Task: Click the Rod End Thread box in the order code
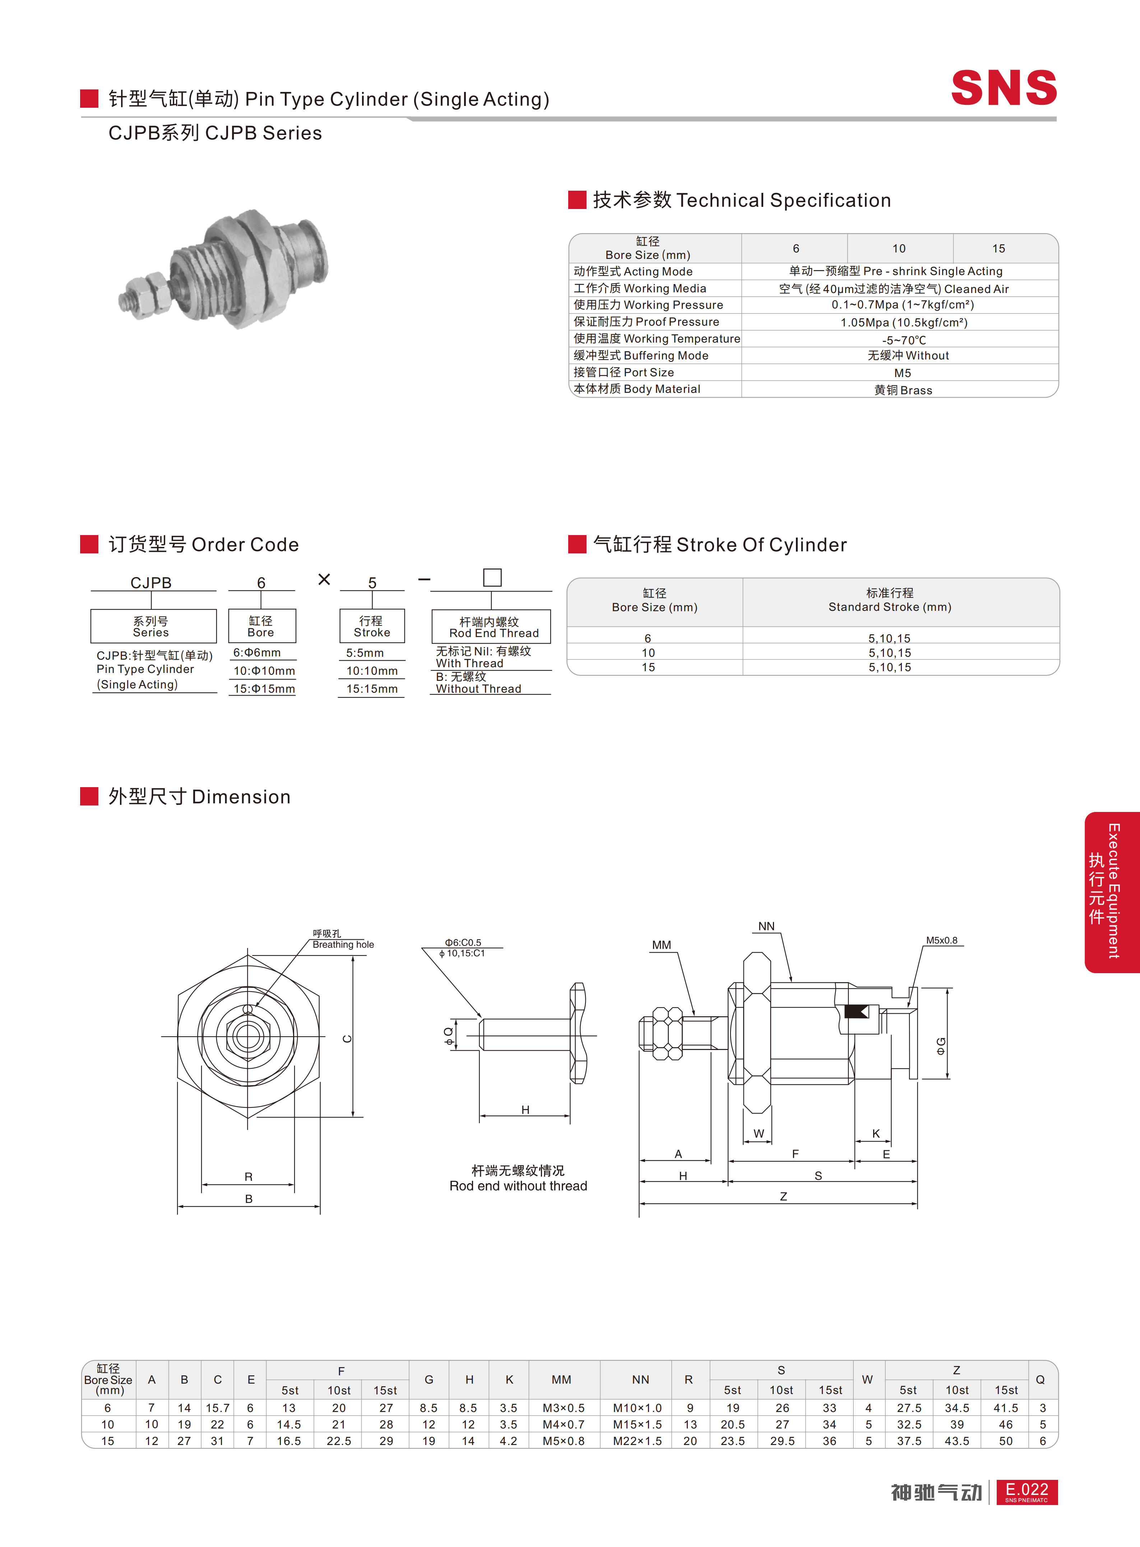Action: tap(491, 627)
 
